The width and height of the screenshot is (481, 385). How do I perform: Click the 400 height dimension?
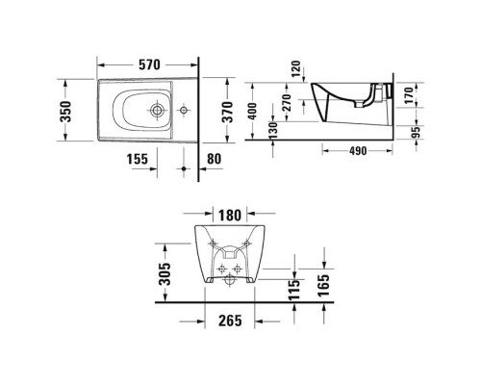point(251,113)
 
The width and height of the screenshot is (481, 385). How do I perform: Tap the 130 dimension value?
point(274,129)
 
